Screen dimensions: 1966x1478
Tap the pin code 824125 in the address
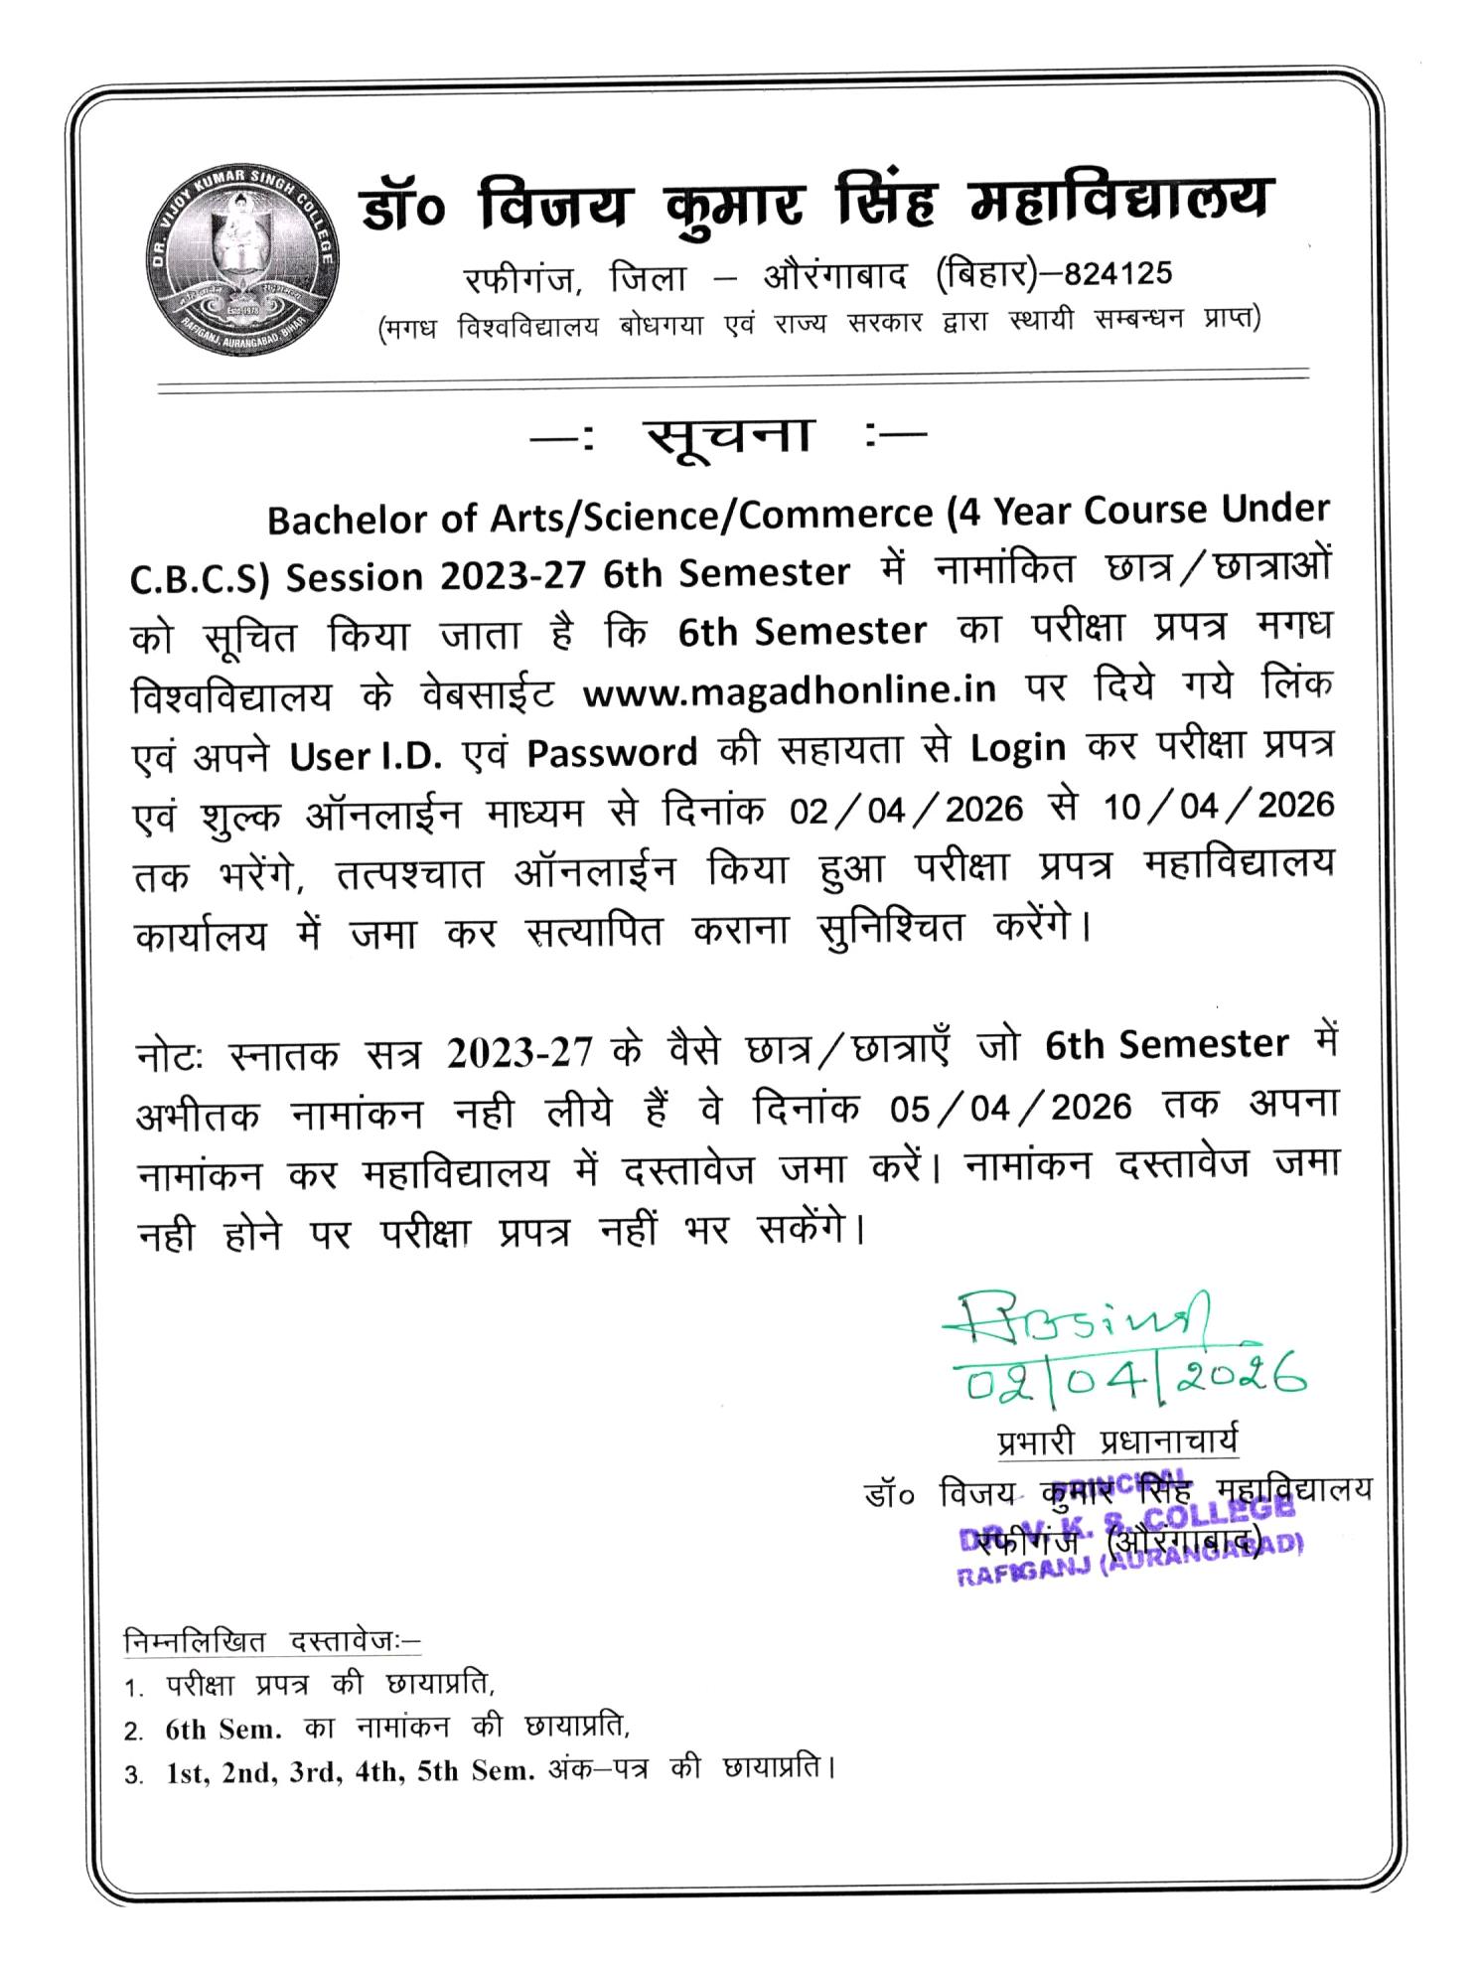coord(1119,272)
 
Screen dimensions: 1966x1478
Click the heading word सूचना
coord(728,435)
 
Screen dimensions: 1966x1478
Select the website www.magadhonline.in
coord(790,689)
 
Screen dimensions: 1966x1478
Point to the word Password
coord(612,752)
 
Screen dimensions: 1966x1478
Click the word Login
coord(1018,747)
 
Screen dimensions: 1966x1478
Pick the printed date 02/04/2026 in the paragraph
coord(907,810)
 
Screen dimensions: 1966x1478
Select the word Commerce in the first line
coord(835,517)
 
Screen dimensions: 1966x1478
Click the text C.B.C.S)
coord(201,578)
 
